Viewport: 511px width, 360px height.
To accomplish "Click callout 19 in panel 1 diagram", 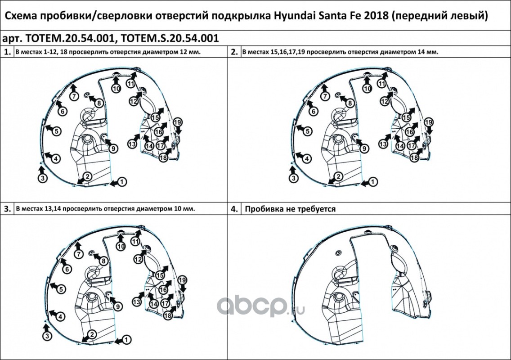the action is point(178,122).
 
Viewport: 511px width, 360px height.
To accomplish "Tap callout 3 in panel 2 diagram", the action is point(294,178).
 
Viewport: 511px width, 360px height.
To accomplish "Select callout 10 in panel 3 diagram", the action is point(121,246).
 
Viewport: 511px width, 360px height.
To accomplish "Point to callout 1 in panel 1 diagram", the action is point(121,181).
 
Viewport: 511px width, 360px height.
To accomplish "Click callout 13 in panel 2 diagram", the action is point(383,144).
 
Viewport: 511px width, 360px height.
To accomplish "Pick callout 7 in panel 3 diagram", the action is point(79,254).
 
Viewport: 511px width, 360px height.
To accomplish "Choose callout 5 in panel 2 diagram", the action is point(308,131).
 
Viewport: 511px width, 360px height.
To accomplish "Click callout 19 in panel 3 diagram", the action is point(182,280).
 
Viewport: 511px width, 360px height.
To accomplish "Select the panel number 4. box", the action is point(235,209).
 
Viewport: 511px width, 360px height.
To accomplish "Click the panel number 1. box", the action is point(7,52).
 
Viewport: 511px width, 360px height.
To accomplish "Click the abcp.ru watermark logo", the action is point(260,306).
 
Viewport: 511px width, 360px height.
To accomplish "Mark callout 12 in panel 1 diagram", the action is point(134,101).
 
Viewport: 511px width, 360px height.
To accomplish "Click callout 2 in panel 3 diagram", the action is point(92,334).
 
